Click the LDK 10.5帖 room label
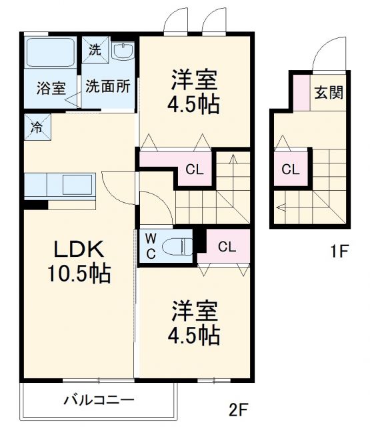coord(77,261)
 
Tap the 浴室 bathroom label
coord(51,87)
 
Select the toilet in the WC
coord(179,246)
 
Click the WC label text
coord(150,245)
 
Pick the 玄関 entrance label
coord(329,92)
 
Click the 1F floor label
coord(339,252)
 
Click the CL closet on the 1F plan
coord(290,169)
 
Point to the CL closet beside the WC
coord(227,246)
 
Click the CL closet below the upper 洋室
coord(194,169)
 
